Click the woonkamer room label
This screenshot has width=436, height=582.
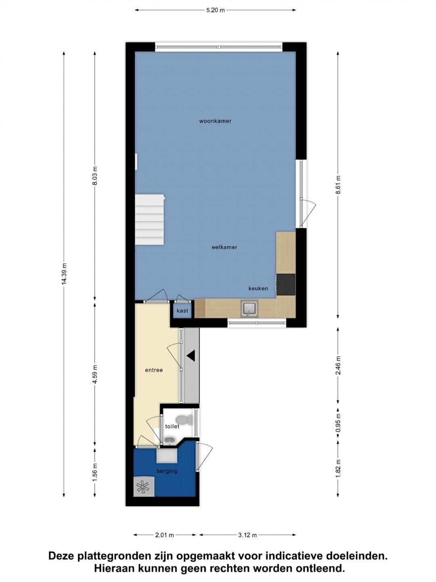[x=215, y=121]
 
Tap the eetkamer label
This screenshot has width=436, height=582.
[x=224, y=247]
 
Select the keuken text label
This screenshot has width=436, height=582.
[x=258, y=289]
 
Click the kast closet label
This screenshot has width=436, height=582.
[x=182, y=310]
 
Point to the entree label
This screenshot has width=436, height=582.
[x=154, y=370]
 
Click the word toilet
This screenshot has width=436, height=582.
[x=172, y=426]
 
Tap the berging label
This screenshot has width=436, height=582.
[x=167, y=471]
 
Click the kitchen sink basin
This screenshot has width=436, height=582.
[x=249, y=309]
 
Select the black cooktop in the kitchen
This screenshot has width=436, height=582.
[x=286, y=285]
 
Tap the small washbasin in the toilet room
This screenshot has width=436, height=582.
[x=170, y=441]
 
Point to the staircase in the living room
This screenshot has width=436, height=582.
[x=149, y=219]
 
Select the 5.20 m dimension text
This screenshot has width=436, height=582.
[x=215, y=11]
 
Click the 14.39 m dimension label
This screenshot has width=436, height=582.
[x=64, y=274]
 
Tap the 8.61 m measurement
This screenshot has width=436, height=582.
[x=338, y=185]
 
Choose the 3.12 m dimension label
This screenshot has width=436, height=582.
[x=247, y=535]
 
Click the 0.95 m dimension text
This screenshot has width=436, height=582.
[x=338, y=425]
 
